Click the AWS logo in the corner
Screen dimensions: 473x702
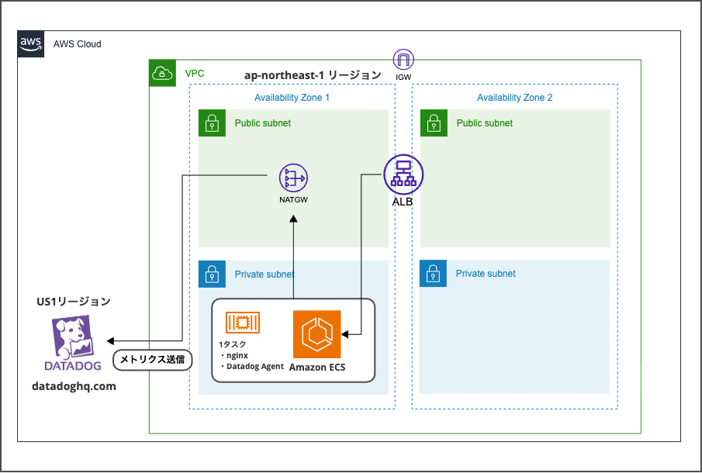[30, 43]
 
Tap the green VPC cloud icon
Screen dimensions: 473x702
[162, 73]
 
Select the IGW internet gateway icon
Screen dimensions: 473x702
[403, 60]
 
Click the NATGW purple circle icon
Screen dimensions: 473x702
[294, 179]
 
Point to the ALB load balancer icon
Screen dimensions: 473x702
[403, 174]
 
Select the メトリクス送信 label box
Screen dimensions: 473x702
[153, 360]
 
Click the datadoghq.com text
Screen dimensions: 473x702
[74, 385]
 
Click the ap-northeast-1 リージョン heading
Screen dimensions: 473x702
[313, 75]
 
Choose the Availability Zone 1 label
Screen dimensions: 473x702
[292, 98]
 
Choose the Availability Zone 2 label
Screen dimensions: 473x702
[514, 98]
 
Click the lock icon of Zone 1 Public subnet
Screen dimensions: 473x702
[212, 123]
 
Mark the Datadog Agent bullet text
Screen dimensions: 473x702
[254, 366]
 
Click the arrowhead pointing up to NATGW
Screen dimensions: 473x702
[294, 219]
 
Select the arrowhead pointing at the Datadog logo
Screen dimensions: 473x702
[111, 341]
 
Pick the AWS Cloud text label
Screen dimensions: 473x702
[78, 44]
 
